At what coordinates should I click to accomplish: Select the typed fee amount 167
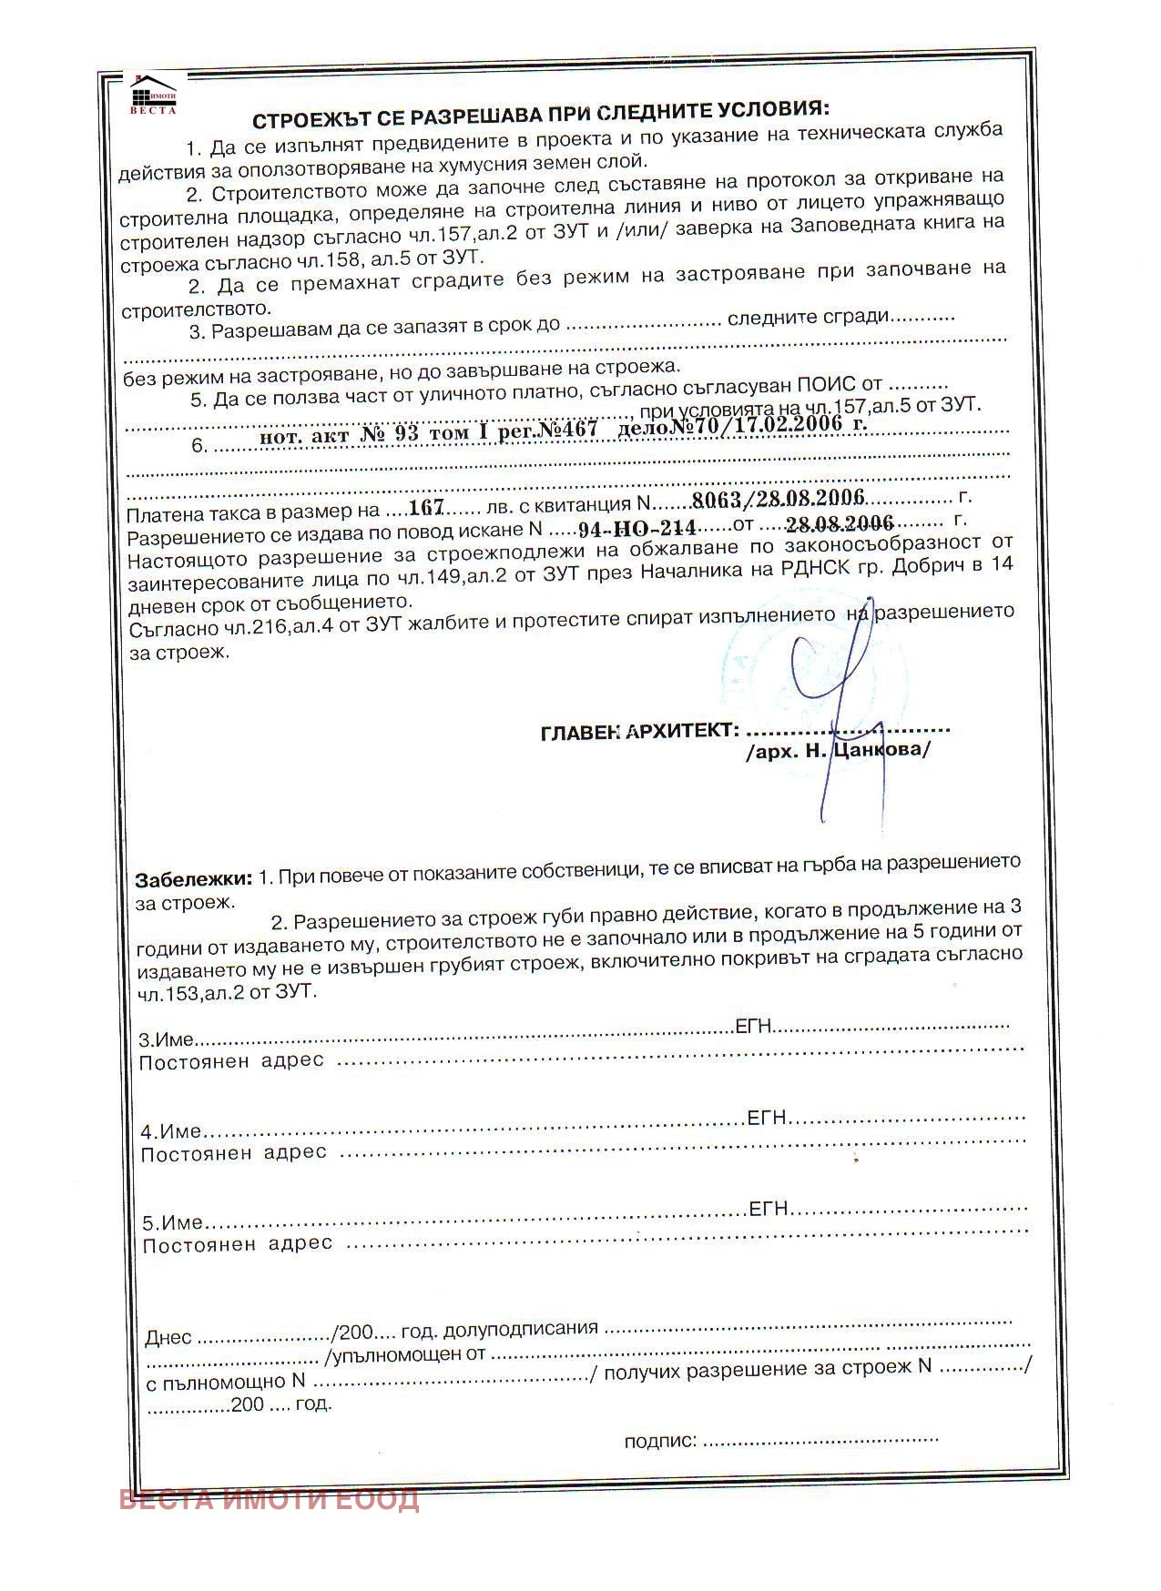[x=425, y=507]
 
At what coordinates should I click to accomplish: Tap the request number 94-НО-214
[x=637, y=528]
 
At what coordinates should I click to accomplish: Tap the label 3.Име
[x=166, y=1039]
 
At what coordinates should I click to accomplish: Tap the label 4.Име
[x=170, y=1131]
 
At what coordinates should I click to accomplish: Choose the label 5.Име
[x=172, y=1222]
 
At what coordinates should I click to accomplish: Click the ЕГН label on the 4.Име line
[x=767, y=1118]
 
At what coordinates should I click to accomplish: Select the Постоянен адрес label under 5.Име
[x=238, y=1244]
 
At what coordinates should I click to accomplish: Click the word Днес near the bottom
[x=168, y=1338]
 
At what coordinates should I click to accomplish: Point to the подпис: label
[x=660, y=1441]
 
